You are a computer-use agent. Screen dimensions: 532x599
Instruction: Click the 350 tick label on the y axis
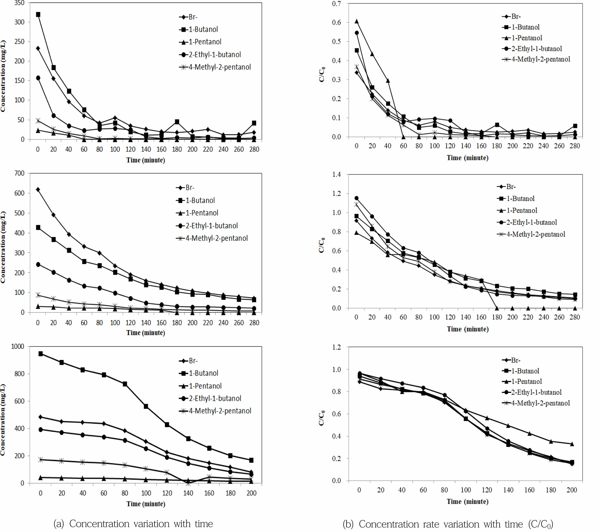pos(19,3)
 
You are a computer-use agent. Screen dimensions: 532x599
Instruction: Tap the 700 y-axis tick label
pos(19,173)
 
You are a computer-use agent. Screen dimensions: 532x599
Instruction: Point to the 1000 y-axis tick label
pos(18,346)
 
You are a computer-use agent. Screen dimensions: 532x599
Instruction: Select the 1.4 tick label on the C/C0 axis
pos(336,175)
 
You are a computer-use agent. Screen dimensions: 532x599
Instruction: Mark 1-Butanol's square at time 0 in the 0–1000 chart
pos(40,354)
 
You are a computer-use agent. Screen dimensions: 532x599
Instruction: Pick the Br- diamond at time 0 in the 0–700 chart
pos(38,190)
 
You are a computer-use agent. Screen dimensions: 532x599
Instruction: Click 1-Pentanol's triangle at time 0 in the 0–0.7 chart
pos(356,21)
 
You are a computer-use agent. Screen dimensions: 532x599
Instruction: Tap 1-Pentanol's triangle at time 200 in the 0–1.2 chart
pos(572,444)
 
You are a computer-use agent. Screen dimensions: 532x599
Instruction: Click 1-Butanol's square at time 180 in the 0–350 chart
pos(177,122)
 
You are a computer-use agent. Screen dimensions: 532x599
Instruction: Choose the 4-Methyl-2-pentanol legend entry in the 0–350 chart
pos(215,67)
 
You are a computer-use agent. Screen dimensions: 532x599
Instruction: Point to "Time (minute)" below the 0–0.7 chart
pos(467,158)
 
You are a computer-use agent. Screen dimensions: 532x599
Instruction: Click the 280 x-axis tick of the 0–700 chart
pos(254,323)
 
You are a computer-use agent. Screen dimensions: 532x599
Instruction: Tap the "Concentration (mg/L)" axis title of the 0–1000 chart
pos(3,419)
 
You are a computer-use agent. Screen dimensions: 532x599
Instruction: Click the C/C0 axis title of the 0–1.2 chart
pos(322,418)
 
